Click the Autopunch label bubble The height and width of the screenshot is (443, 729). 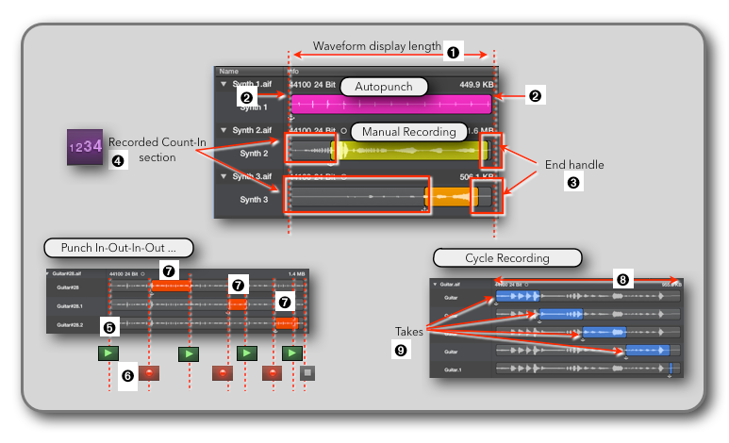pos(384,87)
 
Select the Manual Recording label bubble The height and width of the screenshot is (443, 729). pos(408,132)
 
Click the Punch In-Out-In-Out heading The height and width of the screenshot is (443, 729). pos(118,250)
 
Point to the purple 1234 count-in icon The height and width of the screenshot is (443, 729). pos(83,148)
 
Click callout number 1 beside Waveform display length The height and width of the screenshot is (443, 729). pos(453,53)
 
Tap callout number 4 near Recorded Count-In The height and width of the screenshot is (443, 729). pos(117,161)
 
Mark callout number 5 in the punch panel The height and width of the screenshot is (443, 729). pos(110,327)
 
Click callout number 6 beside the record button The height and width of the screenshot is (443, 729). pos(127,375)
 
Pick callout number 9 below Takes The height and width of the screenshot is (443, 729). pos(399,349)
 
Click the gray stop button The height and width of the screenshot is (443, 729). pos(307,373)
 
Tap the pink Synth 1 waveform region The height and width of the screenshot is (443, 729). pos(390,106)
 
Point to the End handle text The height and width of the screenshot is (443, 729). pos(574,165)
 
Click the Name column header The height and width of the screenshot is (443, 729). pos(229,71)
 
